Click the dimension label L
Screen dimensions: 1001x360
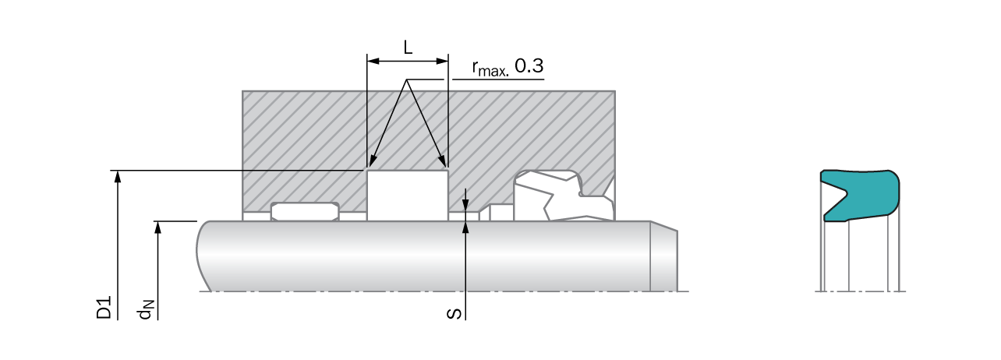tap(408, 47)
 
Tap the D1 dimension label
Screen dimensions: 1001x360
tap(104, 307)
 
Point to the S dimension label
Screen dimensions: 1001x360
tap(455, 314)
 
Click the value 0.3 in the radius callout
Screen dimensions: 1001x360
tap(529, 66)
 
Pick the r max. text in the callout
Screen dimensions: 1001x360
tap(490, 69)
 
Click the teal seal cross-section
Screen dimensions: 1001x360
tap(860, 196)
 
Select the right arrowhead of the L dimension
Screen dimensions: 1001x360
tap(442, 61)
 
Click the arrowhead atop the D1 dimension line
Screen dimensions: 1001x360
tap(118, 176)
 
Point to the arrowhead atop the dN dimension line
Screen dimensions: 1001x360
tap(157, 227)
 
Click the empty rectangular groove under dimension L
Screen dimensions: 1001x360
tap(408, 195)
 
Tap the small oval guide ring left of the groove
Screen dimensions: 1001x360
tap(305, 212)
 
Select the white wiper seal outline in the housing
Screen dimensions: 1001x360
tap(564, 195)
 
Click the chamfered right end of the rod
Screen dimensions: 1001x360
tap(664, 256)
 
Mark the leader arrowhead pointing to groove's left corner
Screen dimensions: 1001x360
tap(372, 161)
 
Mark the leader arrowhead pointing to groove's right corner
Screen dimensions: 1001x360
tap(441, 161)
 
